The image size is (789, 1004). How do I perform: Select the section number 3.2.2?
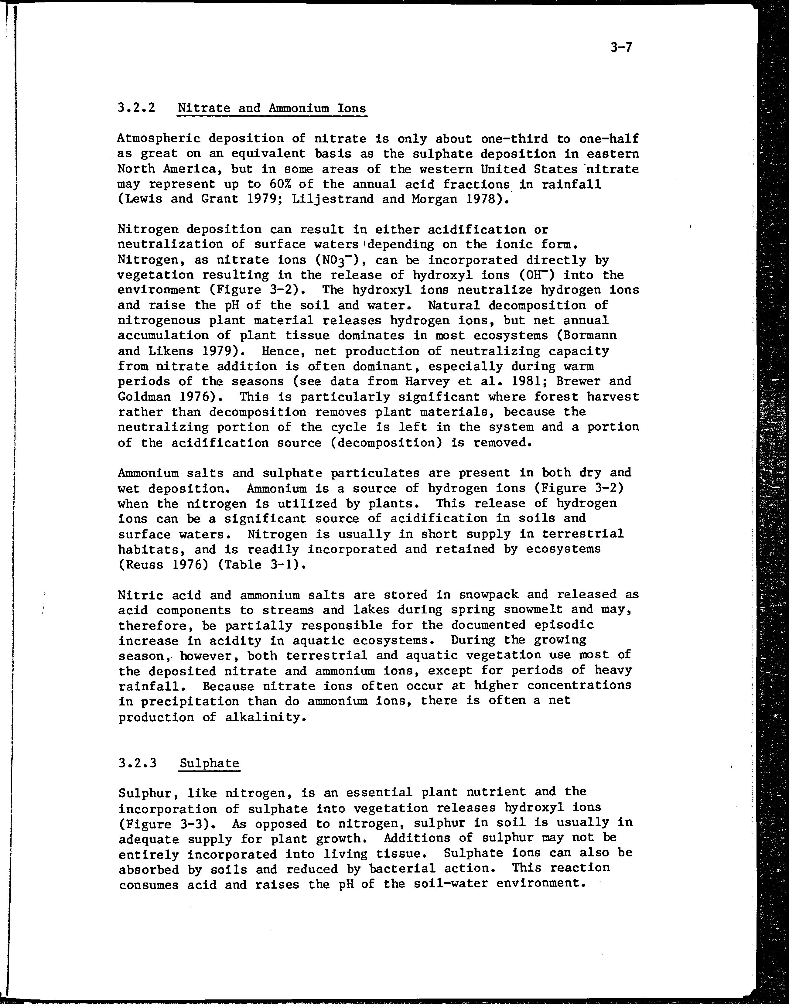click(136, 108)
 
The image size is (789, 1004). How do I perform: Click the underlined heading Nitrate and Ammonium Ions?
click(272, 108)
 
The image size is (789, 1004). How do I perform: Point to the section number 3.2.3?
click(137, 763)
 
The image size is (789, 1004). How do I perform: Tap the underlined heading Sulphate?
click(209, 763)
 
